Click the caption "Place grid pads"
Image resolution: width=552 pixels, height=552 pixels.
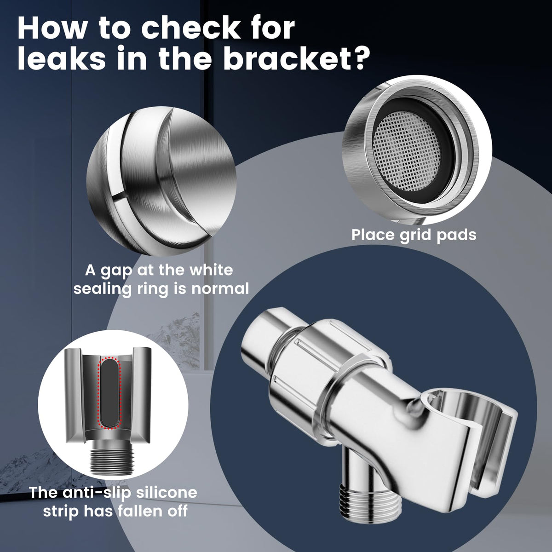point(414,235)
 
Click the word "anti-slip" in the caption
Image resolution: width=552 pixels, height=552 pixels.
point(95,493)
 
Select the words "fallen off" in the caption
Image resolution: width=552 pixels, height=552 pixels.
point(151,511)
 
